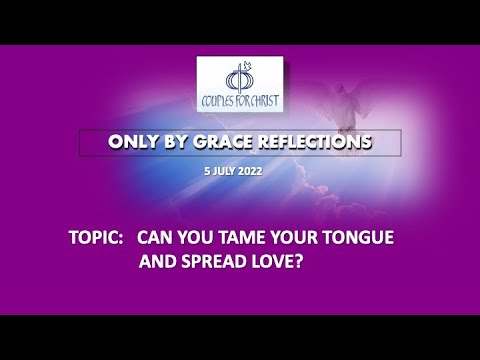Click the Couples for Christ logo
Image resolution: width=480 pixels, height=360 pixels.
[x=240, y=85]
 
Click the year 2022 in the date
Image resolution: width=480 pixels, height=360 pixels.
[x=256, y=172]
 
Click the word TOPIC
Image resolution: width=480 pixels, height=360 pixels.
[x=96, y=240]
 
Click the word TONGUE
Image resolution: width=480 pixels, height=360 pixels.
[x=366, y=240]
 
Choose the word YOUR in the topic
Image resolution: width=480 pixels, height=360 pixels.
[x=297, y=240]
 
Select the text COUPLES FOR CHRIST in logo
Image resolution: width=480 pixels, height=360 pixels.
[x=240, y=102]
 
